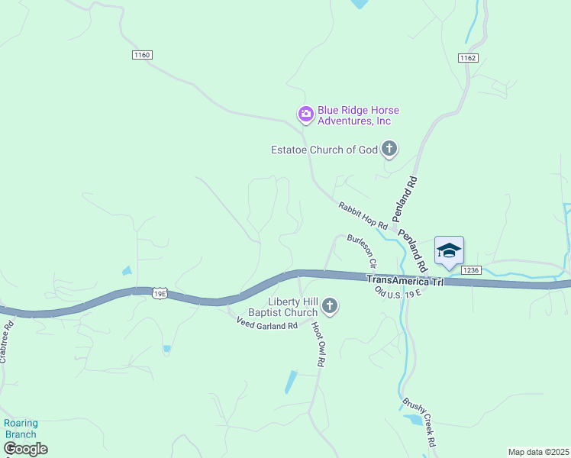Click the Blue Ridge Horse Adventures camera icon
[305, 114]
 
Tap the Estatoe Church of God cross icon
[389, 149]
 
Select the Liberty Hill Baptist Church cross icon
[330, 307]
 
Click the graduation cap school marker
[449, 250]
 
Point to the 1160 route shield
[142, 55]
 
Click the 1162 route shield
[468, 58]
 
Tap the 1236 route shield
[471, 269]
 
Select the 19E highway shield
[160, 293]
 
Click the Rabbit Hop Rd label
[364, 215]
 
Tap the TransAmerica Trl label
[405, 280]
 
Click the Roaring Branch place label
[21, 428]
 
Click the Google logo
[25, 449]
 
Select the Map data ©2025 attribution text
[538, 452]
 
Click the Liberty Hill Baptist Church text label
[282, 307]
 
